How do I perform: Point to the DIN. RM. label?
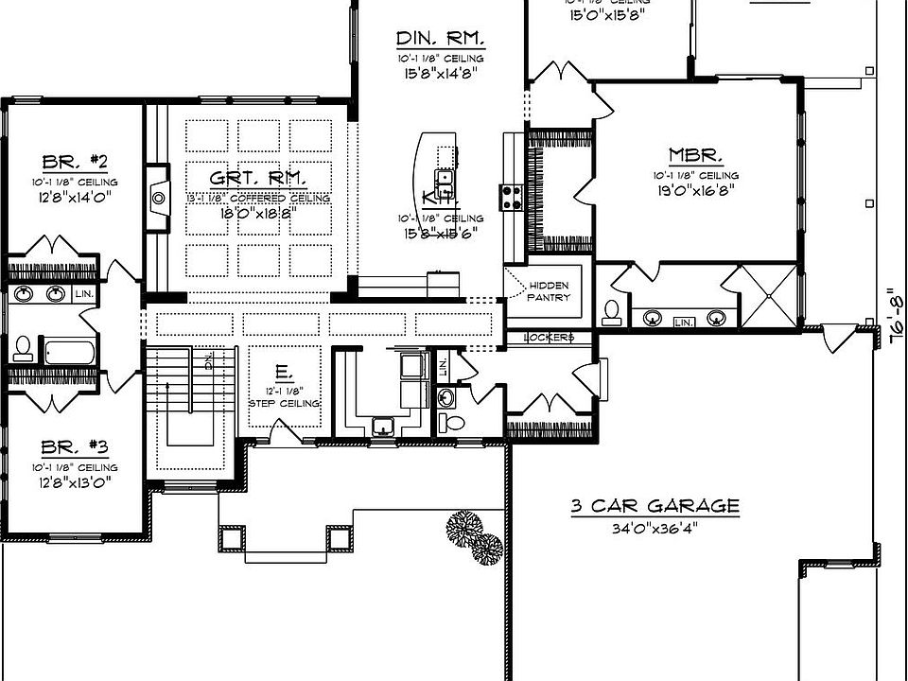pyautogui.click(x=440, y=39)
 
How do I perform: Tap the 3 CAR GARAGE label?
pyautogui.click(x=654, y=506)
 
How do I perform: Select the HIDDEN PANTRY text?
pyautogui.click(x=549, y=291)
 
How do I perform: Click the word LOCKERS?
pyautogui.click(x=549, y=338)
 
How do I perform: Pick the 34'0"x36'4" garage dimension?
pyautogui.click(x=654, y=528)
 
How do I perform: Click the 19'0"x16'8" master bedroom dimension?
pyautogui.click(x=695, y=189)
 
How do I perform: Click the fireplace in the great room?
pyautogui.click(x=158, y=199)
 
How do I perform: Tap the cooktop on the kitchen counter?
pyautogui.click(x=512, y=196)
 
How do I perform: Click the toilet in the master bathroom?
pyautogui.click(x=612, y=311)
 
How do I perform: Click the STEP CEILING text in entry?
pyautogui.click(x=284, y=403)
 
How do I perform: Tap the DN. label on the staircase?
pyautogui.click(x=207, y=360)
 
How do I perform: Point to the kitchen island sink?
pyautogui.click(x=444, y=177)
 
